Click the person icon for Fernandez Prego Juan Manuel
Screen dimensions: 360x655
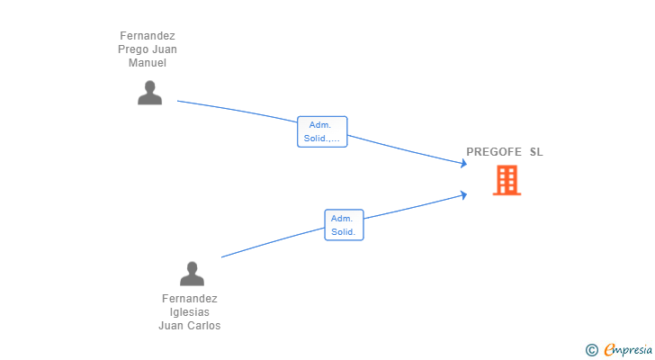[x=149, y=93]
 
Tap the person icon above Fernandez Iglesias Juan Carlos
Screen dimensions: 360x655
[x=192, y=273]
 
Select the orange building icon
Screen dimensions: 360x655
[x=507, y=180]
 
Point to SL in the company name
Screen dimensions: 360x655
[x=536, y=152]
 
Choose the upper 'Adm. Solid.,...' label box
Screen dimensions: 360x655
[x=322, y=131]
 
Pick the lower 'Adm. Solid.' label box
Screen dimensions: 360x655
[x=344, y=225]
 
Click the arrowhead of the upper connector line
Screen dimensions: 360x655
[x=463, y=163]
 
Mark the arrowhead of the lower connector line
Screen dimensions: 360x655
[x=463, y=193]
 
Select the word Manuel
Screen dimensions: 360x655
[x=148, y=63]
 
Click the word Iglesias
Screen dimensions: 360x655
[x=190, y=312]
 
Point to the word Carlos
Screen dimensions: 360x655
[x=203, y=326]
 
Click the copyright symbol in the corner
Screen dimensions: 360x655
[x=591, y=350]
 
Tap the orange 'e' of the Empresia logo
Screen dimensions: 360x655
[x=610, y=350]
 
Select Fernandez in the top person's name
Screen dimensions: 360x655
[x=148, y=36]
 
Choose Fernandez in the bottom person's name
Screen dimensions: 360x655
[x=190, y=299]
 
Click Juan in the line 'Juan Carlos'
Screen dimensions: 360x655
[x=171, y=326]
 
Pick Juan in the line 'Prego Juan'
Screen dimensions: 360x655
[x=163, y=49]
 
